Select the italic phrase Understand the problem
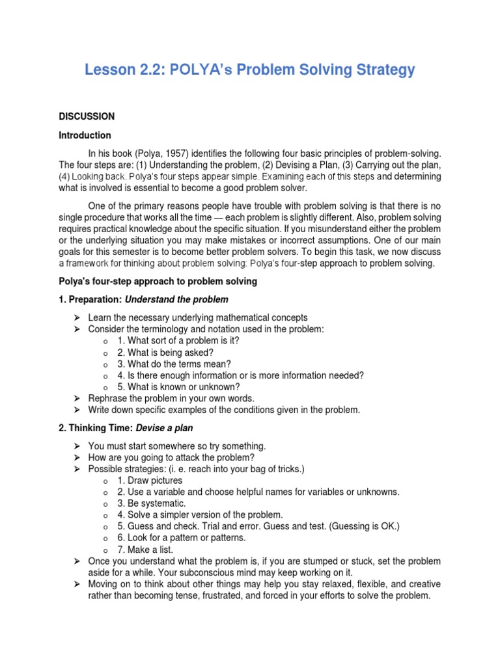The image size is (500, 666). pyautogui.click(x=176, y=299)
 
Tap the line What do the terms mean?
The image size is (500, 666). pyautogui.click(x=174, y=364)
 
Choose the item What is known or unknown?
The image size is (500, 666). pyautogui.click(x=179, y=386)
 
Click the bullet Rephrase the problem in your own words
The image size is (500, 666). pyautogui.click(x=171, y=398)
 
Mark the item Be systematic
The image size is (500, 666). pyautogui.click(x=151, y=503)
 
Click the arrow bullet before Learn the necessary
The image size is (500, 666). pyautogui.click(x=76, y=317)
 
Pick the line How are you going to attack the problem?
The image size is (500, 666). pyautogui.click(x=167, y=457)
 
